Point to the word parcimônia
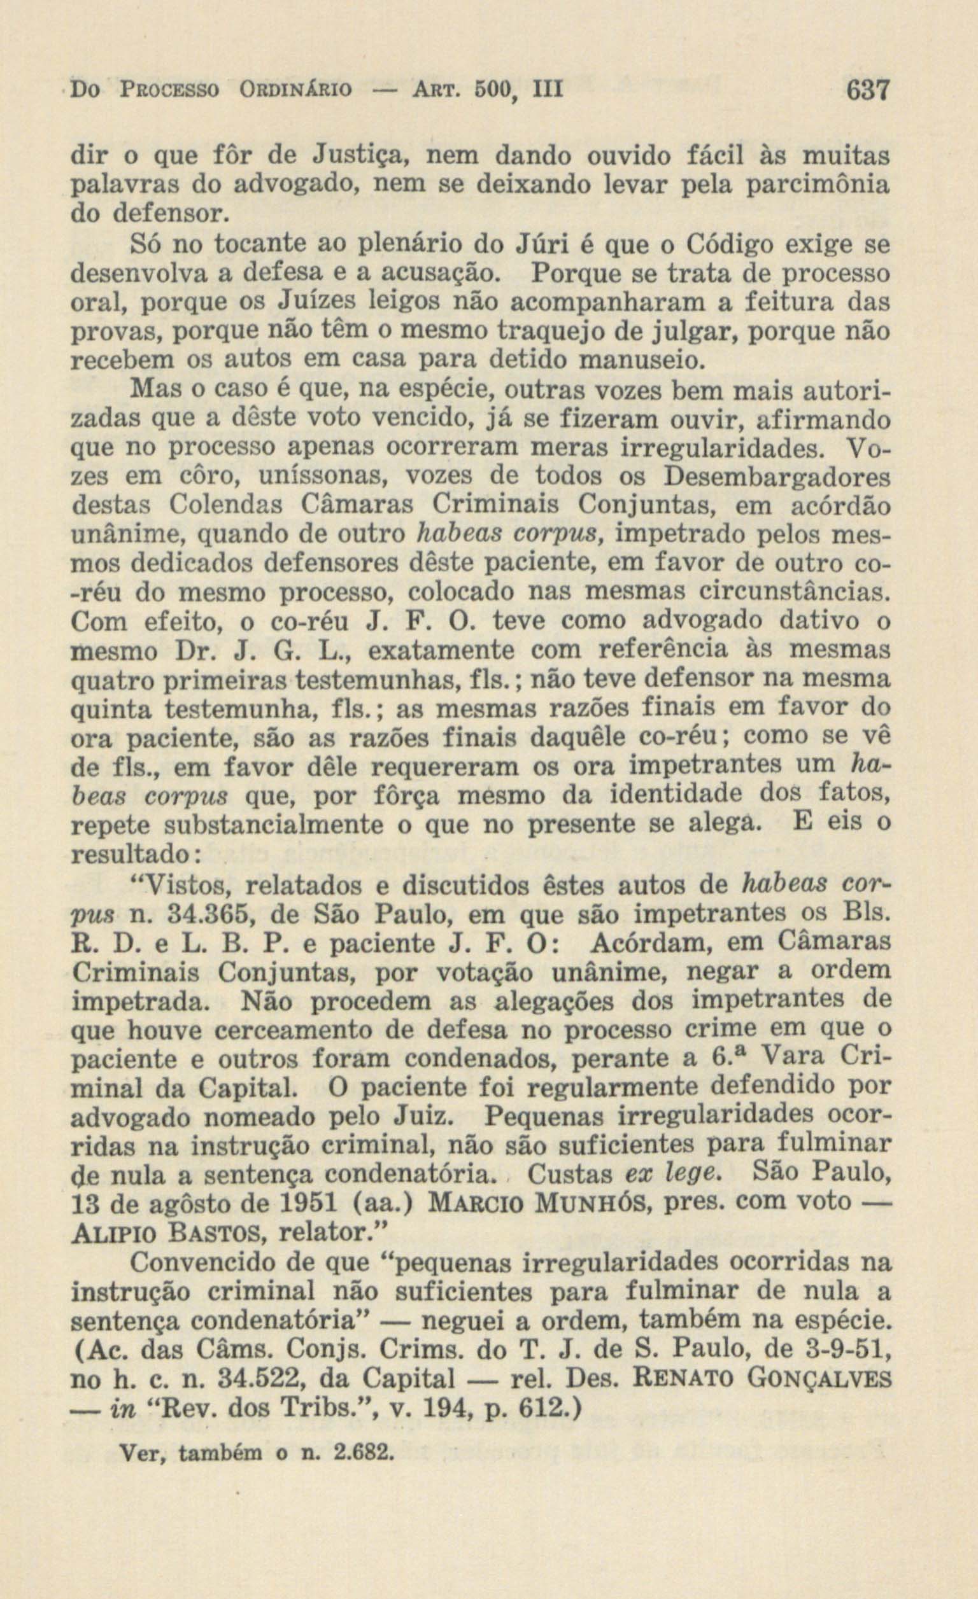(816, 186)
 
